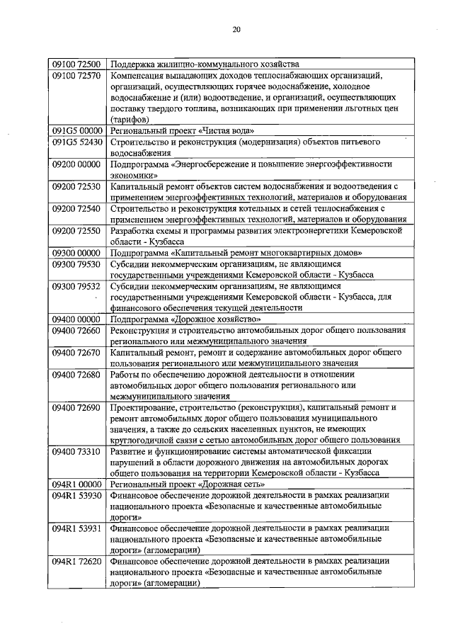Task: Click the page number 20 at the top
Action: (236, 29)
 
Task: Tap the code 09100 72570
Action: (76, 75)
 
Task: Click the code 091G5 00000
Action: (76, 131)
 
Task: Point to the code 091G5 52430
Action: (76, 142)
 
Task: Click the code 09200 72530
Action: (76, 186)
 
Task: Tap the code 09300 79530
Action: (76, 263)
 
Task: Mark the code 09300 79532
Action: (76, 286)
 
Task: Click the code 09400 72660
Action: (76, 330)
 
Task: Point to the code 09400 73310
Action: (76, 451)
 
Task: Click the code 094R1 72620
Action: (76, 560)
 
